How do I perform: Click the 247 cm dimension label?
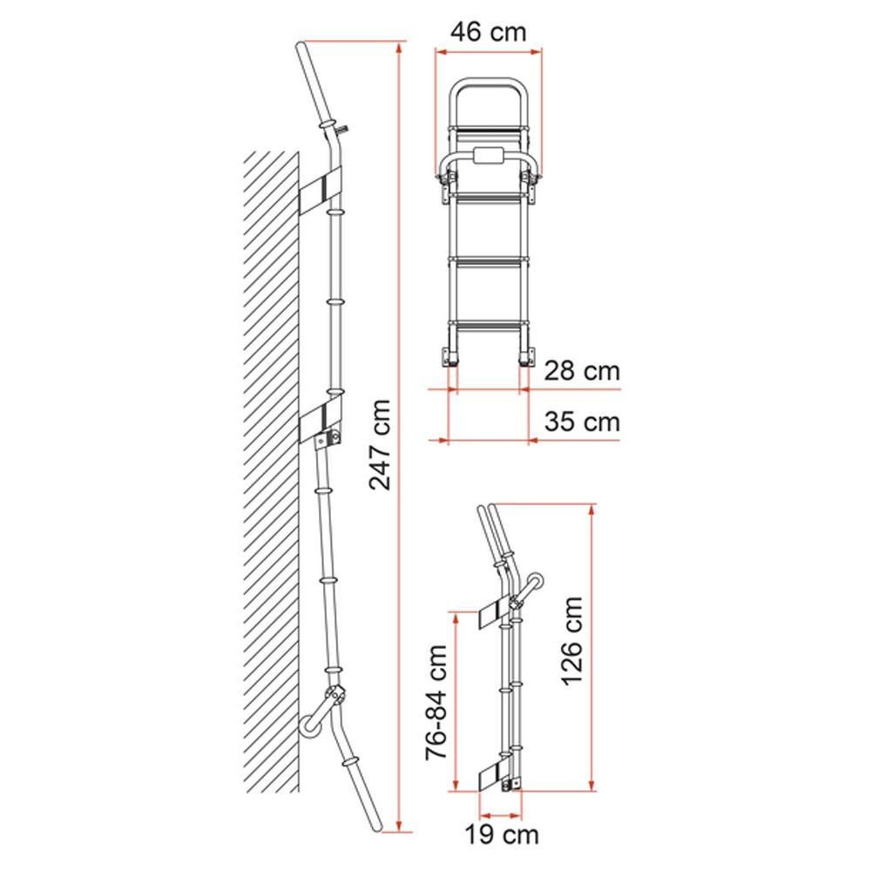[x=380, y=444]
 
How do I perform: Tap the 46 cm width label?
[x=489, y=32]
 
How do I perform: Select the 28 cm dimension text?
[x=582, y=371]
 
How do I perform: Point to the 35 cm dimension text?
[x=582, y=422]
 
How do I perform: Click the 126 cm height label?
[x=571, y=640]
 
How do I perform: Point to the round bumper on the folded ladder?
[x=537, y=582]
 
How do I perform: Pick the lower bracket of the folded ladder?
[x=496, y=774]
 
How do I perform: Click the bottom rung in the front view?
[x=489, y=325]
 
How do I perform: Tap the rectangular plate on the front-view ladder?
[x=489, y=158]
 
